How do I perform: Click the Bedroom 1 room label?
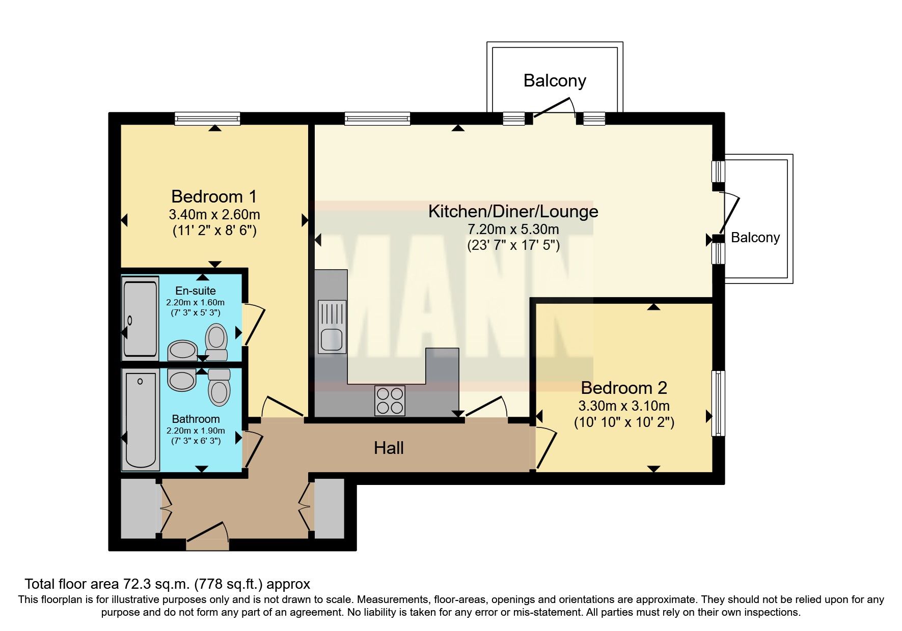click(214, 196)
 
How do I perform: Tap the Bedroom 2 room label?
click(624, 388)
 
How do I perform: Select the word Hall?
click(389, 448)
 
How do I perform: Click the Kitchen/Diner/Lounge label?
click(513, 211)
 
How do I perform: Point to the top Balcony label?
click(555, 81)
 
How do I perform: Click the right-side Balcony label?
click(755, 238)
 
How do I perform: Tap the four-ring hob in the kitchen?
click(390, 400)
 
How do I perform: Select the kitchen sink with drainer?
click(332, 326)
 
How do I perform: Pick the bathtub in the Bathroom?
click(140, 420)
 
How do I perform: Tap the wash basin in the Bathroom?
click(182, 380)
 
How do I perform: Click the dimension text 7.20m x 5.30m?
click(513, 229)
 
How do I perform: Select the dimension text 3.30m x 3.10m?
click(624, 406)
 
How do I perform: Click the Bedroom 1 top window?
click(207, 119)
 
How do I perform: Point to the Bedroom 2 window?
click(718, 403)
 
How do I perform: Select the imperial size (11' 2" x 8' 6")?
click(214, 231)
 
